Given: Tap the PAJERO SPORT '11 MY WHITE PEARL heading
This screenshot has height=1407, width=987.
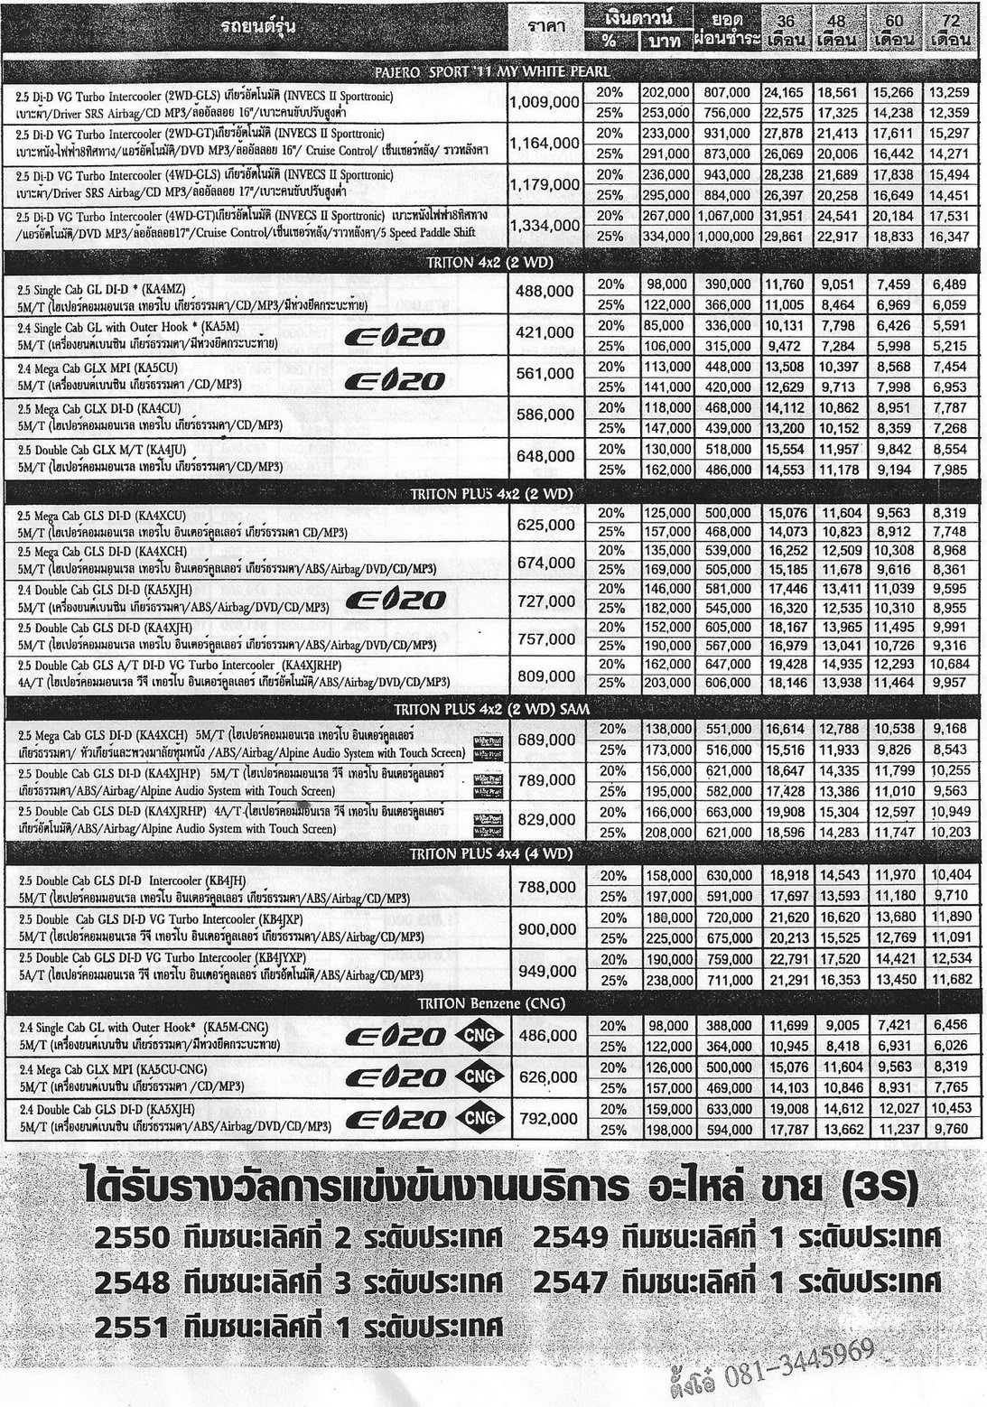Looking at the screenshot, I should (492, 71).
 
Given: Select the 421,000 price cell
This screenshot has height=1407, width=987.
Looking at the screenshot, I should (544, 333).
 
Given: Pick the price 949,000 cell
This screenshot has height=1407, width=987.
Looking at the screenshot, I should (544, 972).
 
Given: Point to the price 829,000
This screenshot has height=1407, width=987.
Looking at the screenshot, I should (544, 818).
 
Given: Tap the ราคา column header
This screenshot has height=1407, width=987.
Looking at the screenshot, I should (545, 28).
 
